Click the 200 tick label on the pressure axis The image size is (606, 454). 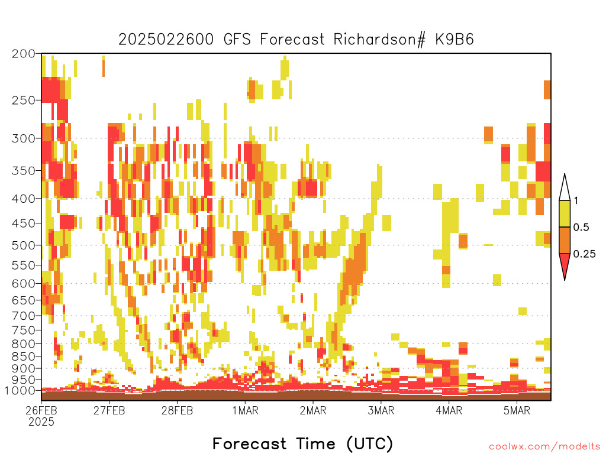pos(24,54)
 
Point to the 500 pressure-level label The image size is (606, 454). pos(24,245)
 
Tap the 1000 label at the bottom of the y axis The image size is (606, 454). pos(20,390)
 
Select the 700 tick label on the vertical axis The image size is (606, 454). pos(24,316)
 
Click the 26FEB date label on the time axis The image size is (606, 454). pos(41,410)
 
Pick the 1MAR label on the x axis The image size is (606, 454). pos(245,410)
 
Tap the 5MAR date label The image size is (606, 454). pos(517,410)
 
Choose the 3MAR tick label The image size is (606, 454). pos(381,410)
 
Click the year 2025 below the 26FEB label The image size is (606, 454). pos(41,421)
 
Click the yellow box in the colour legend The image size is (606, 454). pos(565,213)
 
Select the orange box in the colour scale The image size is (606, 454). pos(565,240)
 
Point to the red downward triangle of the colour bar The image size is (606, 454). pos(565,264)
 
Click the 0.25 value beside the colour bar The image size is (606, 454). pos(584,254)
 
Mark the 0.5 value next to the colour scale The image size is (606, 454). pos(581,227)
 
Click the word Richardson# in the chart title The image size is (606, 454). pos(380,40)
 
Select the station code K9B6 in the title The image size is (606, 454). pos(454,40)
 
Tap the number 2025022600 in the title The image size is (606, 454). pos(166,40)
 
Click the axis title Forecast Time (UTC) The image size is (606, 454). pos(302,443)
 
